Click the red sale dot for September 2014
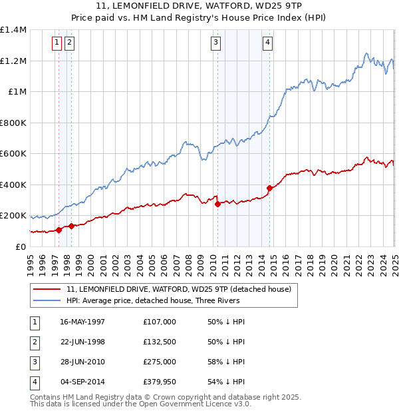coord(269,188)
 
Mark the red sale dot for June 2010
coord(217,205)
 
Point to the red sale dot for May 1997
coord(59,230)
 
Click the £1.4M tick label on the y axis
coord(13,30)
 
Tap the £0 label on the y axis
coord(21,246)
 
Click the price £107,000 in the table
coord(159,322)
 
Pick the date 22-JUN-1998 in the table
coord(82,342)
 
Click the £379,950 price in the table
coord(159,382)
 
